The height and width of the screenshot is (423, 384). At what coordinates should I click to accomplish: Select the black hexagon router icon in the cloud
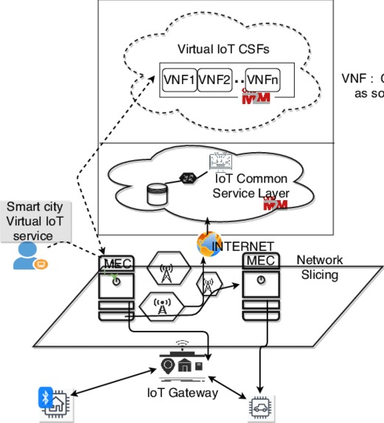click(x=188, y=179)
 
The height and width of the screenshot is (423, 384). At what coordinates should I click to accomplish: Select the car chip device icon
click(x=259, y=407)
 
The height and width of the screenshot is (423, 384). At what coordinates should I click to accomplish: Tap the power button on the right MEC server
click(x=261, y=280)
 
